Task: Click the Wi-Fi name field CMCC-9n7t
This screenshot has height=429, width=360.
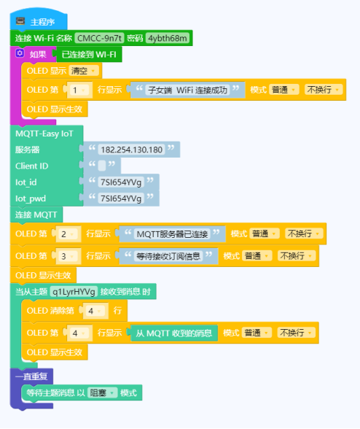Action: (x=99, y=38)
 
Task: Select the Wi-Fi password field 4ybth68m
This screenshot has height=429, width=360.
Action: (x=168, y=38)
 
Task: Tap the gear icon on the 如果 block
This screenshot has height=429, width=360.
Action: (x=20, y=53)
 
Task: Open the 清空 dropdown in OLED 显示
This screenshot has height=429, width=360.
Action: (x=83, y=71)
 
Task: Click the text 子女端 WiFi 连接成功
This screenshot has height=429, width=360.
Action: (x=187, y=90)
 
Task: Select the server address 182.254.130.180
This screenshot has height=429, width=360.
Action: (x=131, y=150)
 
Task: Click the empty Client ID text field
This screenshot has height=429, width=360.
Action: (x=102, y=166)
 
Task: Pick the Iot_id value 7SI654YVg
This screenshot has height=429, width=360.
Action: (x=121, y=182)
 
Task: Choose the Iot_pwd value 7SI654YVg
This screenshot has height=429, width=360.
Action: (x=121, y=198)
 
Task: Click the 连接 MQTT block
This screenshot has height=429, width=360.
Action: (x=36, y=214)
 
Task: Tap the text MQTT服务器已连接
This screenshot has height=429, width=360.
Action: (x=172, y=234)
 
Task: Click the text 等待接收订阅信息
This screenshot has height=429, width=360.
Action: (x=168, y=256)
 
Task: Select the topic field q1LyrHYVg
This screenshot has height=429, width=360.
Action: (x=74, y=292)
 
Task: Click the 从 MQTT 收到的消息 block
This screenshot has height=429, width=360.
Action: (x=174, y=333)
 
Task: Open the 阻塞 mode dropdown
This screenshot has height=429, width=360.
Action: (x=102, y=393)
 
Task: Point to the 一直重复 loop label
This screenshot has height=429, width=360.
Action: (x=31, y=376)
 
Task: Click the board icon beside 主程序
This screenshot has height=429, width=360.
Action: (x=20, y=21)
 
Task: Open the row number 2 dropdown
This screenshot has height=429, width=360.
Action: (x=68, y=234)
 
